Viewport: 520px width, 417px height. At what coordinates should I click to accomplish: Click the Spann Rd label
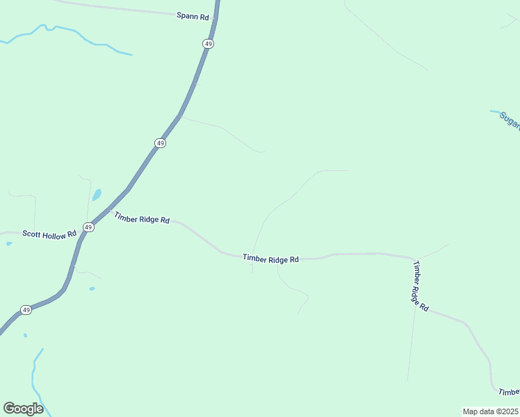(193, 15)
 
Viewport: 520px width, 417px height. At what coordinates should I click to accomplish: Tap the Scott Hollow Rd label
(49, 235)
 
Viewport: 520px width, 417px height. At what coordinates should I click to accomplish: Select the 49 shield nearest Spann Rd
(209, 44)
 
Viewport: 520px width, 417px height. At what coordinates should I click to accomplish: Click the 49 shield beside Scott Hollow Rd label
(88, 227)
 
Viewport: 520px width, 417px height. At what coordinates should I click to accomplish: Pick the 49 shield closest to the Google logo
(26, 310)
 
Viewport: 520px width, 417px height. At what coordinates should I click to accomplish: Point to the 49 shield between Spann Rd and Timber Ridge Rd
(161, 143)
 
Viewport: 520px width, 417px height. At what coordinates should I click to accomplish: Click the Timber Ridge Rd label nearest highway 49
(142, 219)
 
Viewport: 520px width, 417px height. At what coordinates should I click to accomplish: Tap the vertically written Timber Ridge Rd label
(421, 286)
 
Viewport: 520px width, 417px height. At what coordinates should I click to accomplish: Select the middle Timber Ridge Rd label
(270, 259)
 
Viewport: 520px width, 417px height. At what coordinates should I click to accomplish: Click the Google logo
(23, 409)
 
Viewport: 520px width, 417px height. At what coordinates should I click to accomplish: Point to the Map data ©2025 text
(491, 411)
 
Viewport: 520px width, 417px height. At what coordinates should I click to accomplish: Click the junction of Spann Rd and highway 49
(216, 15)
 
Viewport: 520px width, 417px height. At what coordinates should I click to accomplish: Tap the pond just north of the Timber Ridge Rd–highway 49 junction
(97, 195)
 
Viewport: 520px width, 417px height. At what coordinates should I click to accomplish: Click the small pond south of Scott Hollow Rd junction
(92, 288)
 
